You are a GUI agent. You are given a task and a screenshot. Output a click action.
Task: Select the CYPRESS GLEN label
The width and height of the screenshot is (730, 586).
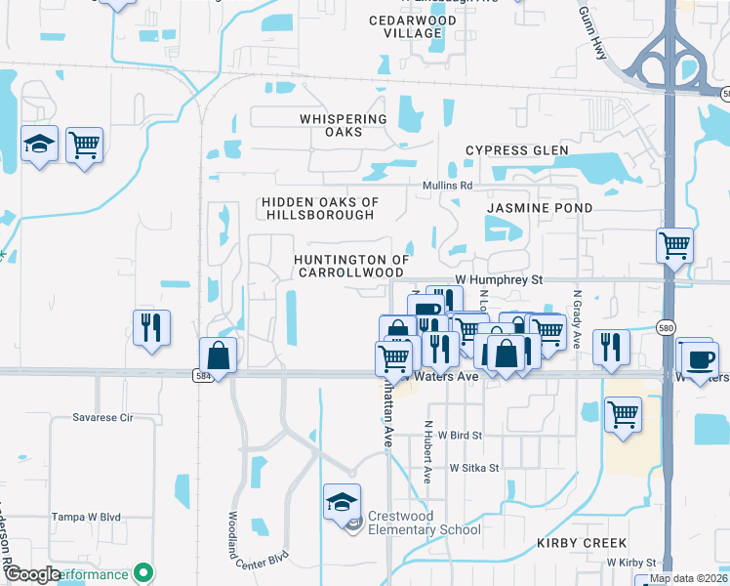[516, 150]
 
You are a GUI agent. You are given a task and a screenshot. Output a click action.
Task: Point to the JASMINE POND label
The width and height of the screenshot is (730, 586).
[539, 208]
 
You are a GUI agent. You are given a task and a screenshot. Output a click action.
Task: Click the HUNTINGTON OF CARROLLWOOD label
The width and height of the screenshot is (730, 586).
[349, 266]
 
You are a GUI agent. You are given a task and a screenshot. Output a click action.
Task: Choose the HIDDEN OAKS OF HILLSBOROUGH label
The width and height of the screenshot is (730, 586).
[319, 208]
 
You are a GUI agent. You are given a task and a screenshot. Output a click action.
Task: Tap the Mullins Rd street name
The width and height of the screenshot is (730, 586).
[447, 185]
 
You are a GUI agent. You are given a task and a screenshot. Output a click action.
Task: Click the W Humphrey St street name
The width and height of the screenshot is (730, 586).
[498, 279]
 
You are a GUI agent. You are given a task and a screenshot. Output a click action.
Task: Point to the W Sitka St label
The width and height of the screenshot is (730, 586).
[474, 468]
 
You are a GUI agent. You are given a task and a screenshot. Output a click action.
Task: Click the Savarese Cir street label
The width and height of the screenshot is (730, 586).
[102, 417]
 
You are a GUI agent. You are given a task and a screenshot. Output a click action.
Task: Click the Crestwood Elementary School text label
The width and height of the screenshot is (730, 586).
[424, 523]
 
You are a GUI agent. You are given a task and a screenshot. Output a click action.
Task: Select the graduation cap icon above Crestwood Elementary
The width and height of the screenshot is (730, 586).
[342, 502]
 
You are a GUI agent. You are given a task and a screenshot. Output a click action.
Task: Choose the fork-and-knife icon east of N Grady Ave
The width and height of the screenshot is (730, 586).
[611, 347]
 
